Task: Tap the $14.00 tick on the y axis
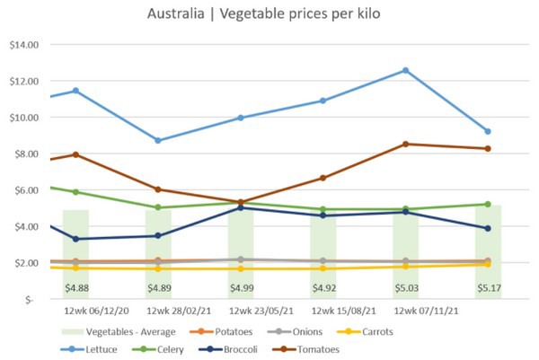[24, 45]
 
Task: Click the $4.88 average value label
[75, 288]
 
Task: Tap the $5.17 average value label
[489, 288]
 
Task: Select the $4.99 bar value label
[241, 288]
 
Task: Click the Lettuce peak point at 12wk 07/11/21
[406, 70]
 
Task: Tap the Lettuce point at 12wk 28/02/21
[158, 140]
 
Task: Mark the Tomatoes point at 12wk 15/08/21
[323, 178]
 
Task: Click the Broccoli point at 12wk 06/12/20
[75, 239]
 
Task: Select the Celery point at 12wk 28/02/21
[158, 207]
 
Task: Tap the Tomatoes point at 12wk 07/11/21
[406, 144]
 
